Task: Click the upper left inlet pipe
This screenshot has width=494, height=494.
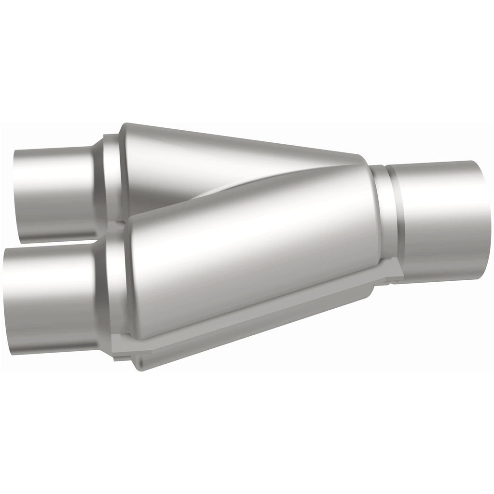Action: [53, 193]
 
